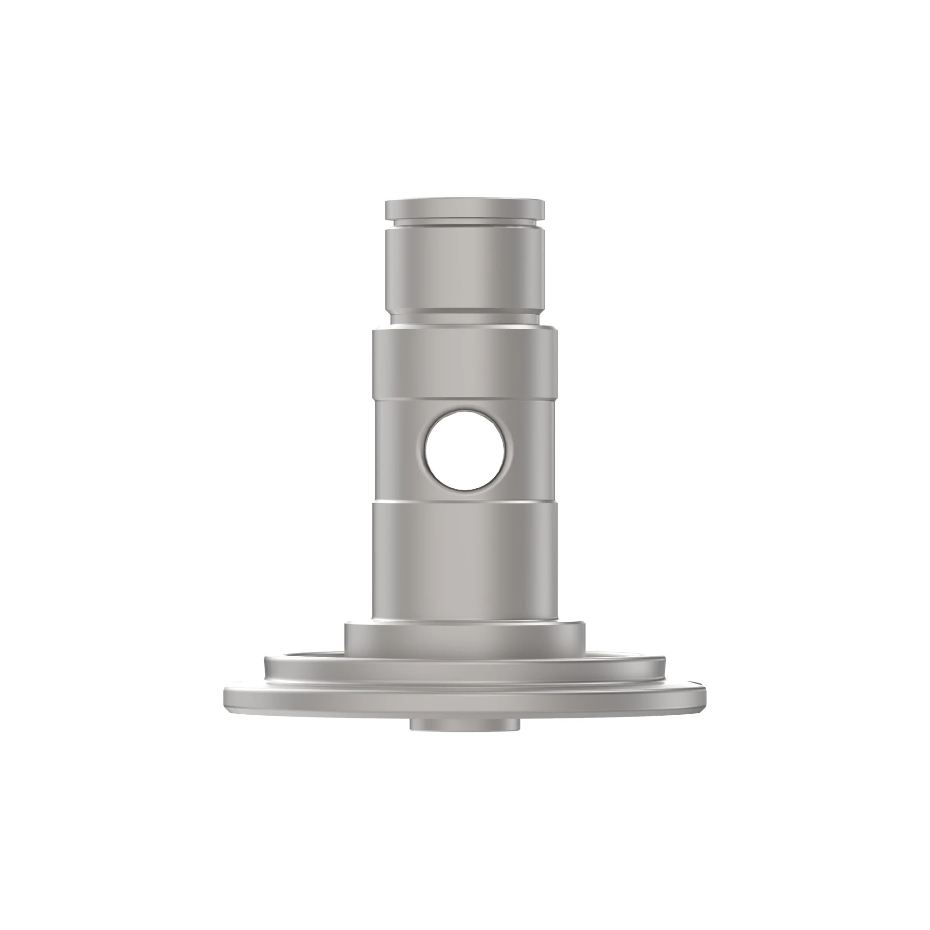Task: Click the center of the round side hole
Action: tap(465, 450)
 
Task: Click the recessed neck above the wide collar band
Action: tap(465, 317)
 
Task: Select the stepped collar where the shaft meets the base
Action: tap(465, 638)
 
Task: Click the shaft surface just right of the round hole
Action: tap(530, 450)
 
